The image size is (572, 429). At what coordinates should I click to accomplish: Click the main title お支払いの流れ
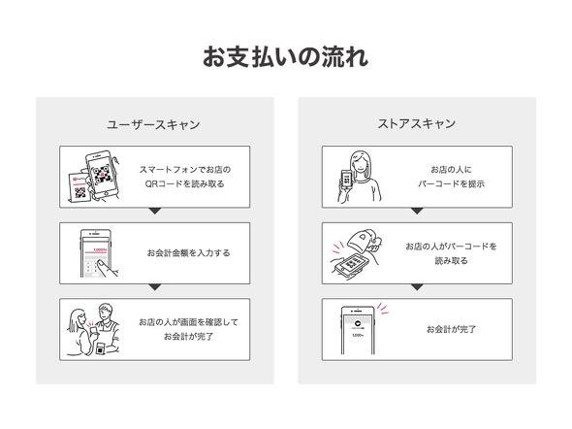pyautogui.click(x=285, y=57)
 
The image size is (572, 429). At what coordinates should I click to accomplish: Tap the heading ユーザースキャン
pyautogui.click(x=153, y=125)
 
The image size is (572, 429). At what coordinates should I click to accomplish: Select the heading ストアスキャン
pyautogui.click(x=417, y=124)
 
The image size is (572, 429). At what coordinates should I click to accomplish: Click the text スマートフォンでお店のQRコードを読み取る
pyautogui.click(x=185, y=177)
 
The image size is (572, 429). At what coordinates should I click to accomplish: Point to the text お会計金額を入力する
pyautogui.click(x=189, y=253)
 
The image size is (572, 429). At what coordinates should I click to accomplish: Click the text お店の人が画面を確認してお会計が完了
pyautogui.click(x=188, y=329)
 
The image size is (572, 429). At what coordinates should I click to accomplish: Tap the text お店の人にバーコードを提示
pyautogui.click(x=451, y=177)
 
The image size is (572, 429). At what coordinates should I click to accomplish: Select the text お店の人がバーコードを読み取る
pyautogui.click(x=451, y=253)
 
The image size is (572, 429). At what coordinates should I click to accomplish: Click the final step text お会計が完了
pyautogui.click(x=451, y=329)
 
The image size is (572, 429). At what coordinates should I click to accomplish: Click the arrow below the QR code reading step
pyautogui.click(x=155, y=212)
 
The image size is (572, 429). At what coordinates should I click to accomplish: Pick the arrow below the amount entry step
pyautogui.click(x=155, y=287)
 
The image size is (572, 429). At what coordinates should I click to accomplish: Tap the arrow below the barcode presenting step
pyautogui.click(x=417, y=212)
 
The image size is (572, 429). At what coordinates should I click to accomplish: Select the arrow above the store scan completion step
pyautogui.click(x=417, y=287)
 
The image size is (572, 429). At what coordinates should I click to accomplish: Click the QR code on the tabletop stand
pyautogui.click(x=80, y=193)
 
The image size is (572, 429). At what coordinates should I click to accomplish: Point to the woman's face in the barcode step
pyautogui.click(x=360, y=164)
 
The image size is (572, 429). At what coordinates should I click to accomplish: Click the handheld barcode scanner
pyautogui.click(x=364, y=242)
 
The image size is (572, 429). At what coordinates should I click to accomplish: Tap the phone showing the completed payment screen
pyautogui.click(x=358, y=330)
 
